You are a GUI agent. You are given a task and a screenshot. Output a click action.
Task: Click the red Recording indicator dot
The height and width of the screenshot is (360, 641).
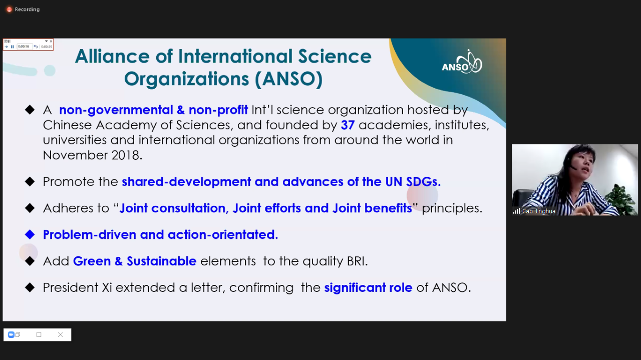click(9, 10)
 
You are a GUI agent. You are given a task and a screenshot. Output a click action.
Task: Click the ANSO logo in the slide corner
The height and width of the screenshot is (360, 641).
click(462, 62)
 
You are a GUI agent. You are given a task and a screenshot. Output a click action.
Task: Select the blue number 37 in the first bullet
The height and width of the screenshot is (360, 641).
click(348, 125)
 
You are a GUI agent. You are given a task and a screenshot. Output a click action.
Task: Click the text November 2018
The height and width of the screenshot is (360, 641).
click(93, 155)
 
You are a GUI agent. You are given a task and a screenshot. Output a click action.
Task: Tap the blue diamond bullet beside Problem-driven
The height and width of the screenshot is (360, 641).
click(30, 235)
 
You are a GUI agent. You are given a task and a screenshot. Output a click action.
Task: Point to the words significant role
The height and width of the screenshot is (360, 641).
click(368, 287)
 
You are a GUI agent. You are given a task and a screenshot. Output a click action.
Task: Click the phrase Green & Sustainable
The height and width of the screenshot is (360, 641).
click(135, 261)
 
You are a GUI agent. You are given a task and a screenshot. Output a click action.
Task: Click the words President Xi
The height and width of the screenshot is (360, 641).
click(77, 287)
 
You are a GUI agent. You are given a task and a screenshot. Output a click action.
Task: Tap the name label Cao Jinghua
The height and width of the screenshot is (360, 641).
click(538, 211)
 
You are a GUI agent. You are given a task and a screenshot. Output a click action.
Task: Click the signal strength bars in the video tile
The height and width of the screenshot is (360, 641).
click(516, 211)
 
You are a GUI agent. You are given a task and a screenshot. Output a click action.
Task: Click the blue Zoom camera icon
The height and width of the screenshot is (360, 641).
click(11, 334)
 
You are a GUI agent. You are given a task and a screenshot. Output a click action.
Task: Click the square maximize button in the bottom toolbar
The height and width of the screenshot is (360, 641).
click(39, 334)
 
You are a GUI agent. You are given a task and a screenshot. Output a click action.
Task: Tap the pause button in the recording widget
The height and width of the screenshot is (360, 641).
click(13, 47)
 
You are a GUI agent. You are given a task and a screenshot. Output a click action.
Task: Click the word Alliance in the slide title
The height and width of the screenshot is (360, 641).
click(112, 56)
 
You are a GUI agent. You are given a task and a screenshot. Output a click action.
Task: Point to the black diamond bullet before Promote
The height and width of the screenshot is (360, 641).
click(30, 182)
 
